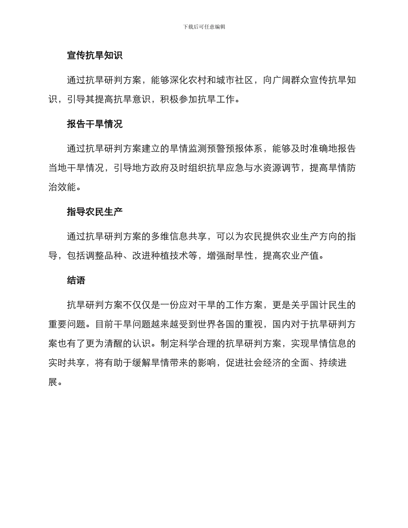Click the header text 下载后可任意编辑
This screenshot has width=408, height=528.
coord(204,27)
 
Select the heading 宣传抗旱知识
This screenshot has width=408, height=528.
coord(94,55)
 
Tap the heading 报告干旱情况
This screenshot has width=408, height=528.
coord(94,124)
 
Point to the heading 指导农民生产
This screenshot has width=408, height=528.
coord(94,212)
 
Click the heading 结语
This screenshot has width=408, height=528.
coord(76,280)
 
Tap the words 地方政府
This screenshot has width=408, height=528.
coord(160,168)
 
